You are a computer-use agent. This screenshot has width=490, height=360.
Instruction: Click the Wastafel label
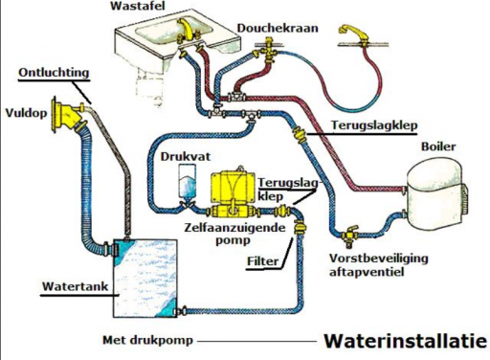click(x=138, y=6)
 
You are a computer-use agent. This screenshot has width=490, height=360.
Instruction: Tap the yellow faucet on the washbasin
click(x=186, y=31)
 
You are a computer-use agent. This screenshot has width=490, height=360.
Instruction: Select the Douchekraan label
click(x=278, y=28)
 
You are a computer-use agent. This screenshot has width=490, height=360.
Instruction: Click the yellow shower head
click(x=352, y=32)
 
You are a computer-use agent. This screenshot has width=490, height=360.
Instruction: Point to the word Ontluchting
click(x=54, y=73)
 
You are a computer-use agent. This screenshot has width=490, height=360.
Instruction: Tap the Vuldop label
click(x=26, y=113)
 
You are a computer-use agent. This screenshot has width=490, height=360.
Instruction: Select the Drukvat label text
click(x=186, y=157)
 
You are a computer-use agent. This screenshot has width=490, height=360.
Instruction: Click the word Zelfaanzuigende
click(x=234, y=228)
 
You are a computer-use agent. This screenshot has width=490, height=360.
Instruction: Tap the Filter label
click(x=262, y=261)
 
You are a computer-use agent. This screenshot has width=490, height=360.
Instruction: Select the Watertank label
click(x=76, y=286)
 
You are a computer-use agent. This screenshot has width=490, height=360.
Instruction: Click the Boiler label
click(x=438, y=146)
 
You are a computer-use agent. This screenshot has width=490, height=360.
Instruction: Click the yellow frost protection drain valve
click(x=349, y=236)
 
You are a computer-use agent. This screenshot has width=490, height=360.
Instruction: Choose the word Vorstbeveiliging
click(x=379, y=259)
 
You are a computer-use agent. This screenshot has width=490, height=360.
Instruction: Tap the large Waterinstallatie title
click(x=406, y=341)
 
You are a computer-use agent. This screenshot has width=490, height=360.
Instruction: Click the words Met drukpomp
click(x=147, y=340)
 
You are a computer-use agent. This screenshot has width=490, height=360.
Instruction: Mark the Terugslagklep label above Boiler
click(x=374, y=125)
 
